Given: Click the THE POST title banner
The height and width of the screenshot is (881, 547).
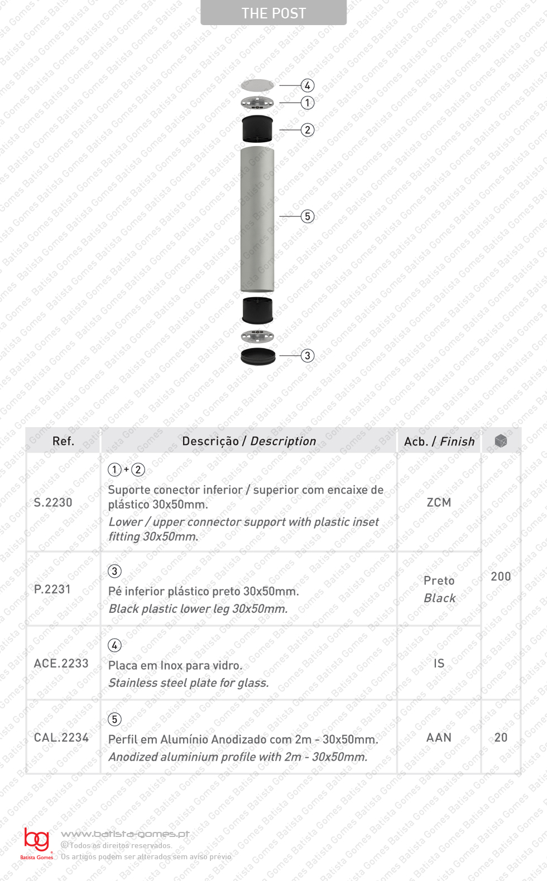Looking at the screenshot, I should point(273,13).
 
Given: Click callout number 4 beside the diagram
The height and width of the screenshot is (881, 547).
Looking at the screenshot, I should point(308,85).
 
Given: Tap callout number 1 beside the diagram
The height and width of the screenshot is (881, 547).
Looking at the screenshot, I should point(308,103).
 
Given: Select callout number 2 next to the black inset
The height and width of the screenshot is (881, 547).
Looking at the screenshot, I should point(308,130).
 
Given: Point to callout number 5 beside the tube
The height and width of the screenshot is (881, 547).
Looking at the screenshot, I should point(308,216).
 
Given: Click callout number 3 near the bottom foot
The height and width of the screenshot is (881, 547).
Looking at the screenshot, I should point(308,356).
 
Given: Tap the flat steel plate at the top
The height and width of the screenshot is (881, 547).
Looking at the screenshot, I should point(257,85).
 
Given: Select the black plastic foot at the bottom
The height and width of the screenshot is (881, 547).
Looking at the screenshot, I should point(258,356).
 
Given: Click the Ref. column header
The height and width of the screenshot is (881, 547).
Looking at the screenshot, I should point(63,441).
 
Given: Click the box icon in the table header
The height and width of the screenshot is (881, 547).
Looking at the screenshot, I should point(501,441).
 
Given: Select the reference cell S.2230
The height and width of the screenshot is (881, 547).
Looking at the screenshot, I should point(53,502).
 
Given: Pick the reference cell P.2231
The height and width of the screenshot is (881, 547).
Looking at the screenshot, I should point(52,589).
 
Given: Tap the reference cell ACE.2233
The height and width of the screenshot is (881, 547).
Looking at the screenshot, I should point(61,664).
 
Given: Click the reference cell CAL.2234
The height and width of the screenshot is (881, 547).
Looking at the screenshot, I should point(61,738).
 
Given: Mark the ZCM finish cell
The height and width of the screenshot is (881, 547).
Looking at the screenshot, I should point(439,502).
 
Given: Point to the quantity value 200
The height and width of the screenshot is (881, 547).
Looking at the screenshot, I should point(501,577).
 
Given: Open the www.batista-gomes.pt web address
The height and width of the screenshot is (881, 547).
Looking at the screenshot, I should point(125,834).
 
